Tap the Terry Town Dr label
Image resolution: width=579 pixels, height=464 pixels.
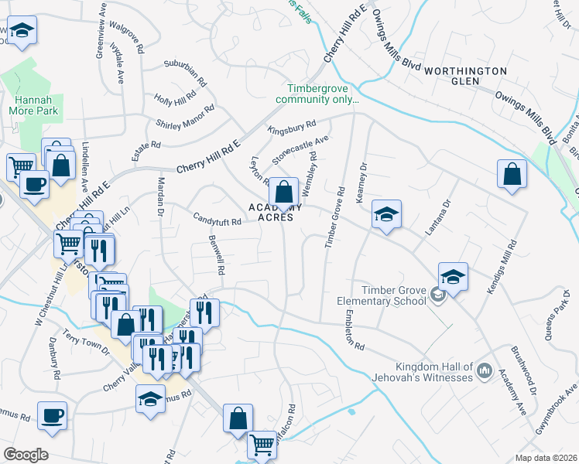point(87,341)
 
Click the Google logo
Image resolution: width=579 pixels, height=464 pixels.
point(26,455)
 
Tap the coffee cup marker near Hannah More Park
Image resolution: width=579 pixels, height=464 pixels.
point(33,184)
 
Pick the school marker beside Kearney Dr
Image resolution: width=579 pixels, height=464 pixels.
point(386,214)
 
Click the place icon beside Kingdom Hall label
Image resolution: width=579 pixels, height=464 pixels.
point(485,372)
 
